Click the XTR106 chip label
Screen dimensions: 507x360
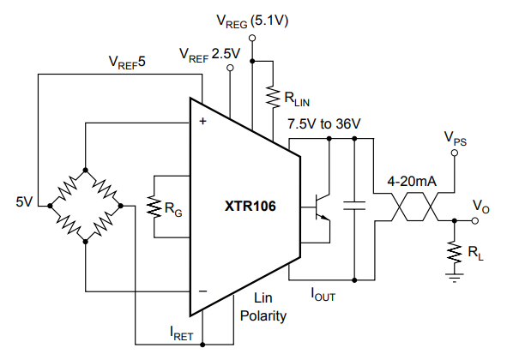[250, 207]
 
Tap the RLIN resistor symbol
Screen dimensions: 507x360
[273, 97]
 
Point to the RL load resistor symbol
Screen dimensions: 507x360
[455, 252]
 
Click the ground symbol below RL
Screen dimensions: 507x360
[455, 278]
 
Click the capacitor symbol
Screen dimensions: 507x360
[354, 206]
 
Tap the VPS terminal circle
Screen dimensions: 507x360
[455, 153]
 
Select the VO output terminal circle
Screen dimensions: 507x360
[475, 221]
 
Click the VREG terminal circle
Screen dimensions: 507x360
[252, 38]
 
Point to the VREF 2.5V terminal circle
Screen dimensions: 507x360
[230, 68]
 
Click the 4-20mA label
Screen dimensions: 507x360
[412, 182]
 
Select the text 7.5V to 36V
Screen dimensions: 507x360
[324, 123]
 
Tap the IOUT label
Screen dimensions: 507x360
[323, 294]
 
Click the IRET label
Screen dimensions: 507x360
[181, 333]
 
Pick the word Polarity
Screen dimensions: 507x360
[263, 316]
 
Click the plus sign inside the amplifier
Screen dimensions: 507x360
[202, 121]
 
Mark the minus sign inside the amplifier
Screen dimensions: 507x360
[202, 291]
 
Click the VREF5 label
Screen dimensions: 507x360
[127, 62]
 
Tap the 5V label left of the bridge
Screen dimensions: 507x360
[24, 202]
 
